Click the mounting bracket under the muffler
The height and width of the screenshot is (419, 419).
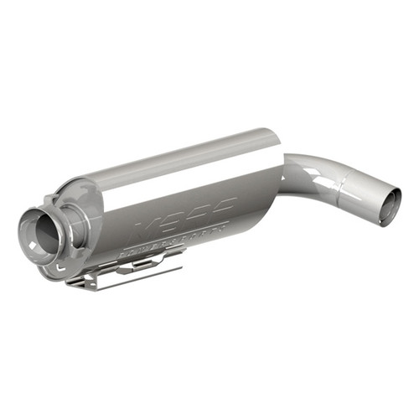[126, 268]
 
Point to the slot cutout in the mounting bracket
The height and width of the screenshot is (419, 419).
[138, 266]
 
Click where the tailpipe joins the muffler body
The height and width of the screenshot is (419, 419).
[282, 172]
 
